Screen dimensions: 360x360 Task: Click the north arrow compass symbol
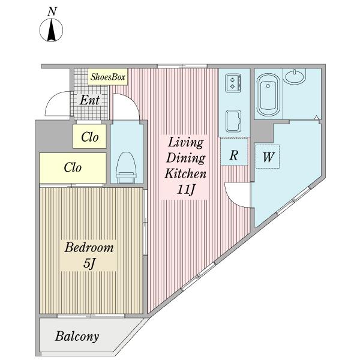pos(51,30)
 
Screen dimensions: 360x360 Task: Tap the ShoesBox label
pos(107,77)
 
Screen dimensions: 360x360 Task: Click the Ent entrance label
pos(89,100)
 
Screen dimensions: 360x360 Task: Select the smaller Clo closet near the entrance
pos(89,136)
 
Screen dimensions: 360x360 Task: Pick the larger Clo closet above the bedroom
pos(73,168)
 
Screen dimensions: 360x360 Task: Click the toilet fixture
pos(126,167)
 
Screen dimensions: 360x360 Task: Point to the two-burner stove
pos(233,83)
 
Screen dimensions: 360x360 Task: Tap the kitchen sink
pos(233,121)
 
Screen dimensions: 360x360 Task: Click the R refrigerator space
pos(234,152)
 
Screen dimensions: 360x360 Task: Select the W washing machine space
pos(268,157)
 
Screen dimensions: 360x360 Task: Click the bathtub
pos(268,95)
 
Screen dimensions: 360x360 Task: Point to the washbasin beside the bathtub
pos(295,76)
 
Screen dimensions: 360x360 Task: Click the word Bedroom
pos(89,248)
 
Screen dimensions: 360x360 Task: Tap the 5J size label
pos(89,263)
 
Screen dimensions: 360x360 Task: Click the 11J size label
pos(185,190)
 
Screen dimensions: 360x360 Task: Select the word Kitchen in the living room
pos(185,173)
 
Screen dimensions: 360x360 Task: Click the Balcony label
pos(77,337)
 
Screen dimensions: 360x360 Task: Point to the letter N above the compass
pos(52,12)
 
